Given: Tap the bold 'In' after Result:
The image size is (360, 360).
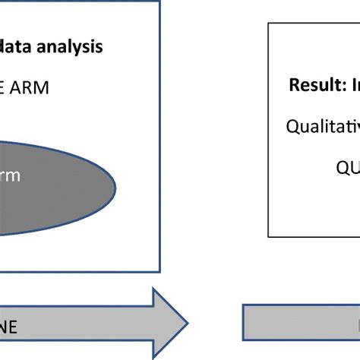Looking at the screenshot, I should [352, 85].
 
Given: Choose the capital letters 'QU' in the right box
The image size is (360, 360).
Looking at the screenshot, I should [348, 167].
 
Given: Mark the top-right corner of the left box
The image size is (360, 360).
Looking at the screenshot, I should [159, 2].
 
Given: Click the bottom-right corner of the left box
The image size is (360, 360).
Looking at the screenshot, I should [159, 271].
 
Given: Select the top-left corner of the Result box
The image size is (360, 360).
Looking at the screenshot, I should [269, 23].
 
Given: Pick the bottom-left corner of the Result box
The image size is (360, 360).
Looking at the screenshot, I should [269, 237].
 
